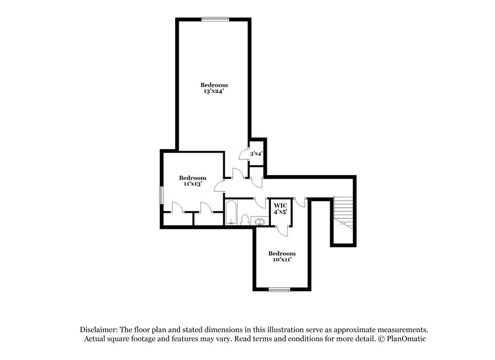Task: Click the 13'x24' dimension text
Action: [x=213, y=92]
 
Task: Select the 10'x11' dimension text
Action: [x=282, y=260]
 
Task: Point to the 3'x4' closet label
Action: [x=257, y=153]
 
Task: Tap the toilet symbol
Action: [x=244, y=220]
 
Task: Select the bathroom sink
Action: [x=259, y=221]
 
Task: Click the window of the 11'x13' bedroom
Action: [x=161, y=195]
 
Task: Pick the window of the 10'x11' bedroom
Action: [x=279, y=289]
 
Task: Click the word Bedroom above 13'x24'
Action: [x=213, y=85]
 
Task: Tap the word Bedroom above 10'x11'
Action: [x=282, y=253]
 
